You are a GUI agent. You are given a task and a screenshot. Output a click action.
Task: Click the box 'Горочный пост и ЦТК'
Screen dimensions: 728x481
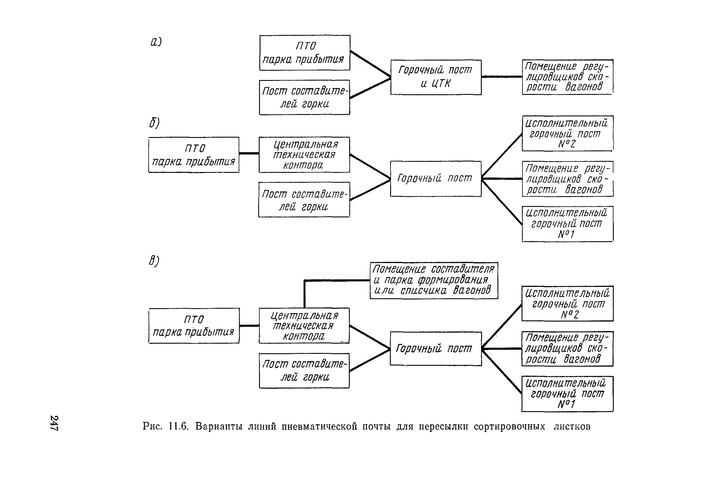click(436, 77)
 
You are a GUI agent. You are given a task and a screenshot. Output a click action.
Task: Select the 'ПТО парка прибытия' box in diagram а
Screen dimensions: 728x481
click(305, 53)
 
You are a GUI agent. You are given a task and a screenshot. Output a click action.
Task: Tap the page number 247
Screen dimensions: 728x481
click(54, 423)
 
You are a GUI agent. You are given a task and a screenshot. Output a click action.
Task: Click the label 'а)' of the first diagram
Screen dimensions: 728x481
click(156, 41)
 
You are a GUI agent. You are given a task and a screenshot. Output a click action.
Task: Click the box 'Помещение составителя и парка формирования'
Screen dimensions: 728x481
click(434, 281)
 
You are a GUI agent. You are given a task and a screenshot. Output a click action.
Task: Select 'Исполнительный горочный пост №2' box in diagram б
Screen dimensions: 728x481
click(568, 134)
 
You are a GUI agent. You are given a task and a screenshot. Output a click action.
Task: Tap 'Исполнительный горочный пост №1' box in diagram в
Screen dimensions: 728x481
click(568, 394)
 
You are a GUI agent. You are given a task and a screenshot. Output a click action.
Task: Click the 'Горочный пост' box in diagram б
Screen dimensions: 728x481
click(436, 179)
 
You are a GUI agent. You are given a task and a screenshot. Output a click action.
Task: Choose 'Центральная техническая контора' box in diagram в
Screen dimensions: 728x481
click(304, 326)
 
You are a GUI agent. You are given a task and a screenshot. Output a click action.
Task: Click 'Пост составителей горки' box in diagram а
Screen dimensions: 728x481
click(304, 97)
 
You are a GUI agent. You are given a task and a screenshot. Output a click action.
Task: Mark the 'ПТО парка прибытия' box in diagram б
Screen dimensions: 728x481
click(194, 155)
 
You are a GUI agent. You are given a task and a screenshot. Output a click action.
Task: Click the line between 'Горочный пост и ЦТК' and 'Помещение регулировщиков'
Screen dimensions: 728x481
click(502, 77)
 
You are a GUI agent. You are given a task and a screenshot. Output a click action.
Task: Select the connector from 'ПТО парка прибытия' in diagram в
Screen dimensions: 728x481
click(249, 326)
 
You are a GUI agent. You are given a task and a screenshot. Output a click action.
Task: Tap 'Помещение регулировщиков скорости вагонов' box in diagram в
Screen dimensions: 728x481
click(568, 349)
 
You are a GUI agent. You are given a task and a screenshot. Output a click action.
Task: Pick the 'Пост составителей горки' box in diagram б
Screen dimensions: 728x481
click(304, 200)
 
